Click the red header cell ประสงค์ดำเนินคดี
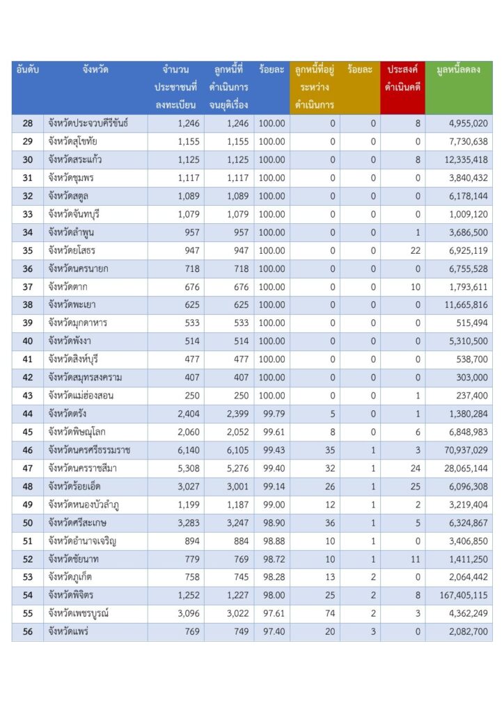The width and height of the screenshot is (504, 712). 402,79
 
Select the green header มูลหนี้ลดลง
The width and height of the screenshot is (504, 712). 458,70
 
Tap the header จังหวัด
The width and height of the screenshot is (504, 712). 95,70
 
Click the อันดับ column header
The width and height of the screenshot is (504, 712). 27,70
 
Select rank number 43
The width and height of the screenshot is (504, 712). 28,396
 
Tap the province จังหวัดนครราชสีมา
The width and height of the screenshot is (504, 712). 86,468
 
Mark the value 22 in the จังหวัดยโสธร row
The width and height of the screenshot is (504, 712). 416,250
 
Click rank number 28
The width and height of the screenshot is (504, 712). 28,124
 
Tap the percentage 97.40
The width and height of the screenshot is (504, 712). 271,631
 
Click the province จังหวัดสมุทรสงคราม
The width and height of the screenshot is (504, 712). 85,378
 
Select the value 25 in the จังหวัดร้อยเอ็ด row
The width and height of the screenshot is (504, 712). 416,486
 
